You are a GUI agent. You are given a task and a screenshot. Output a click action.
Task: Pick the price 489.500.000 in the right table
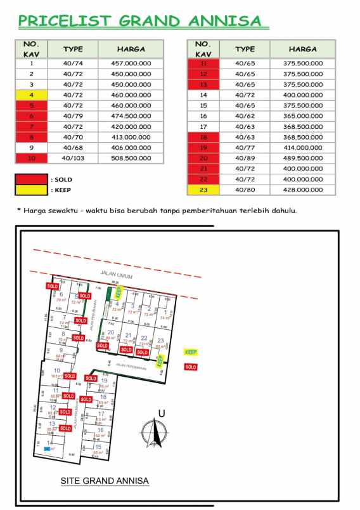303,158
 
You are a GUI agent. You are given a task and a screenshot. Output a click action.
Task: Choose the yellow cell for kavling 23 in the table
203,190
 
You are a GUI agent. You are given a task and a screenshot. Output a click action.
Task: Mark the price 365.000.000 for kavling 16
303,116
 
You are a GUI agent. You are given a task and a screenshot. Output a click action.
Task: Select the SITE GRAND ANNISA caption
105,481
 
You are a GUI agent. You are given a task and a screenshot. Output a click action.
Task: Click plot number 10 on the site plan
57,370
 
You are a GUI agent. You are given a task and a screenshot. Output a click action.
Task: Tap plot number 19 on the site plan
103,381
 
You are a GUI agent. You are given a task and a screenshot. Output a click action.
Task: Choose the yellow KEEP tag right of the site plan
190,351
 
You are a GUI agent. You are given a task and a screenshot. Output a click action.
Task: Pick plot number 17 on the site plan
101,414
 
